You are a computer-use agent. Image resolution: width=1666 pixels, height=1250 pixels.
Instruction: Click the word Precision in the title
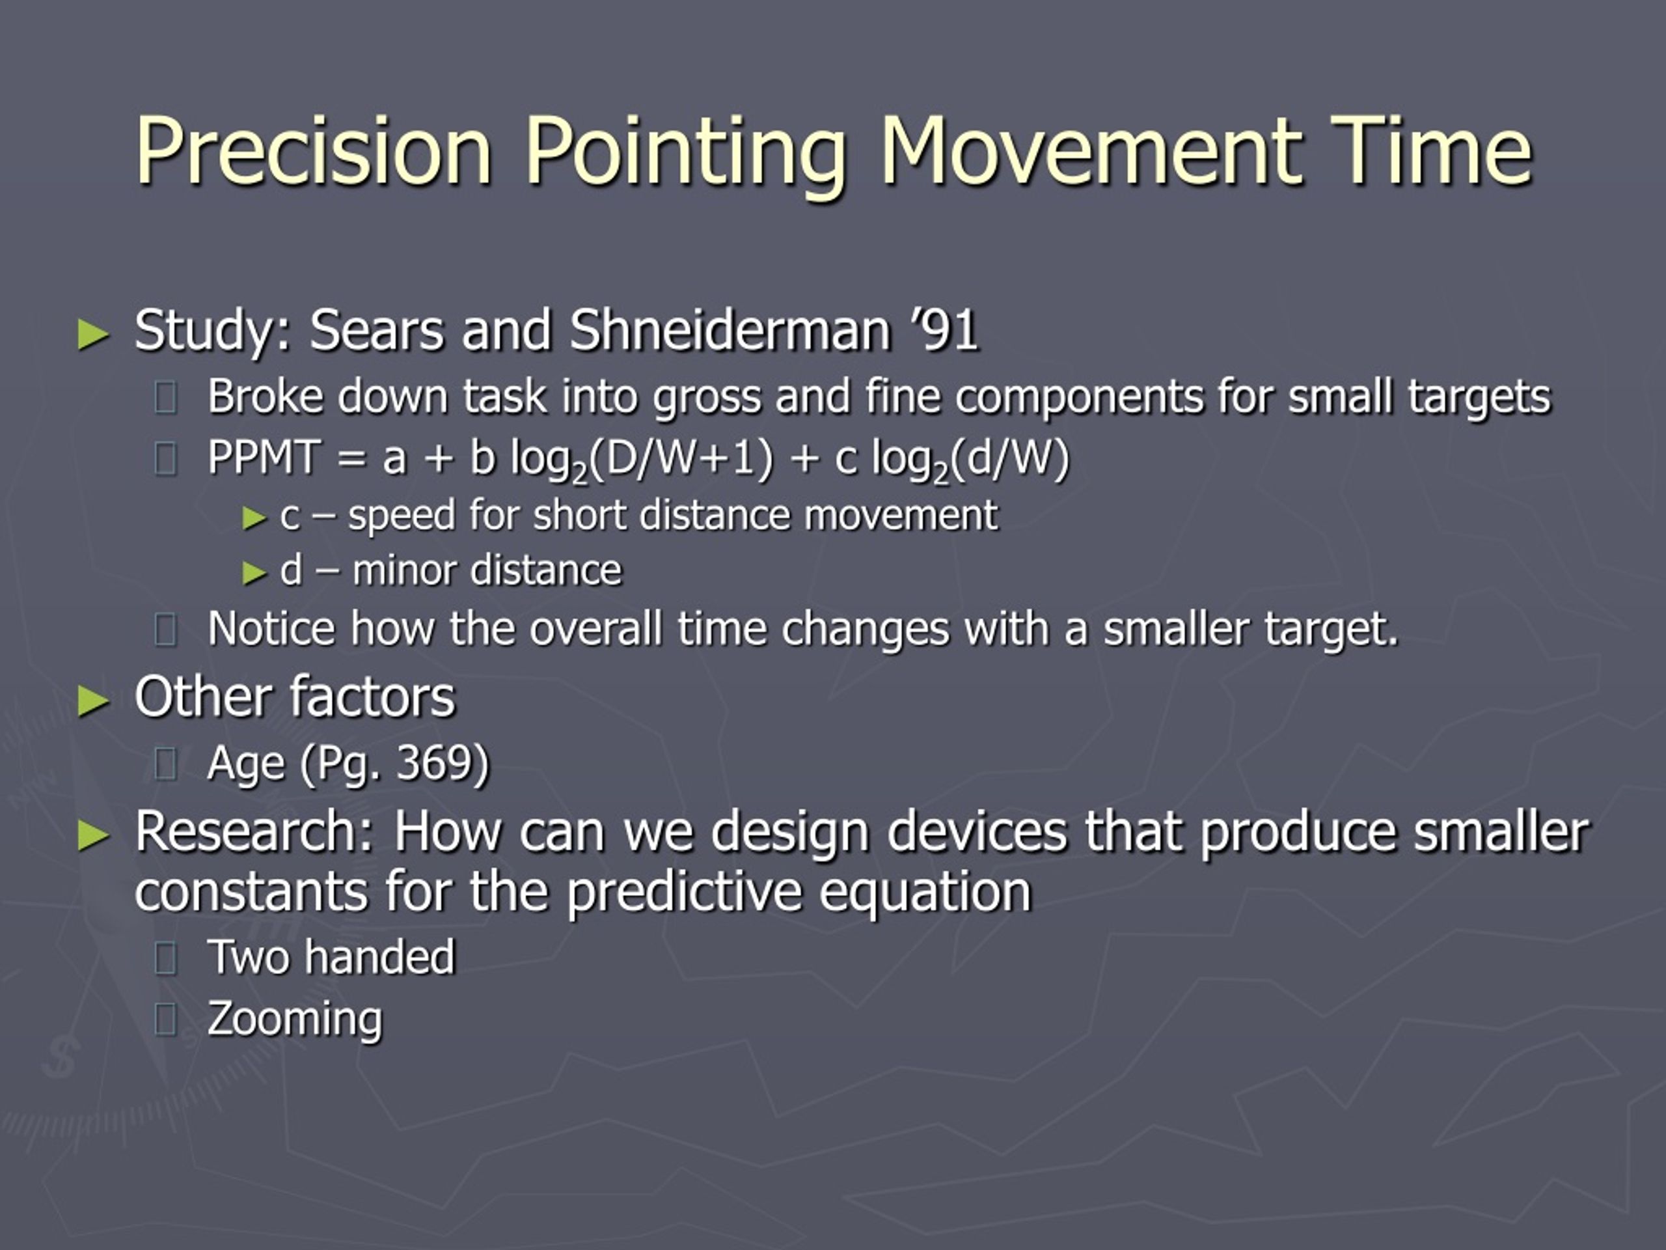[313, 150]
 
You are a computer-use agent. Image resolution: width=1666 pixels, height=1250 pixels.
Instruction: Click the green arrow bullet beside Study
[94, 335]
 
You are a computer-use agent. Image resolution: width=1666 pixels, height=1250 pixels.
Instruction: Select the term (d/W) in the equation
[1009, 459]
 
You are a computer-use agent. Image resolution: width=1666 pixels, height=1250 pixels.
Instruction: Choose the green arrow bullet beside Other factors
[94, 701]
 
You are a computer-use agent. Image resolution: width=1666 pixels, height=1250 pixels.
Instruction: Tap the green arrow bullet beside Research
[94, 835]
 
